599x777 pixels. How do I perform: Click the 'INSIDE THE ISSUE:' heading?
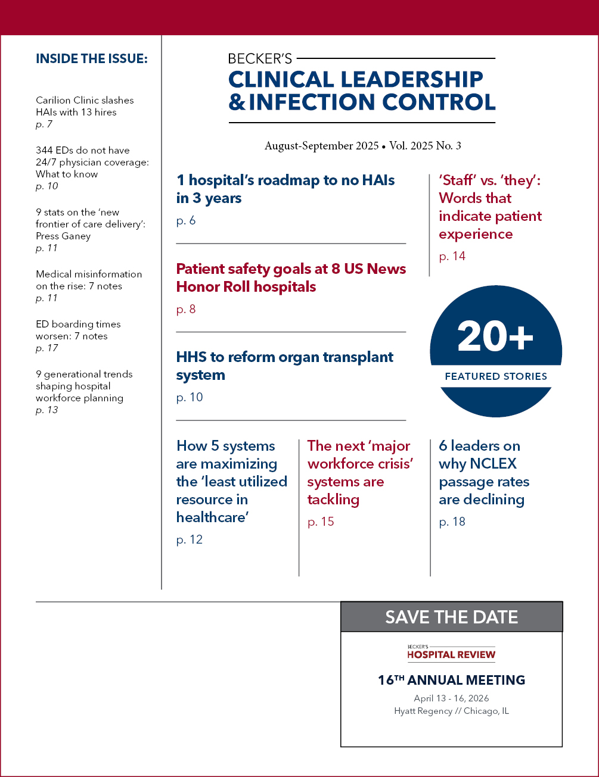pyautogui.click(x=92, y=58)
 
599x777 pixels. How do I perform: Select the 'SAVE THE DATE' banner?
pyautogui.click(x=451, y=617)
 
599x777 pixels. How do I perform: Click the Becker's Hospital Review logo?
pyautogui.click(x=451, y=653)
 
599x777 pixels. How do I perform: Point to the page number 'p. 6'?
pyautogui.click(x=186, y=221)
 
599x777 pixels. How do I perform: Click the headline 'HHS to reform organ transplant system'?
pyautogui.click(x=285, y=366)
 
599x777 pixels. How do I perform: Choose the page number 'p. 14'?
pyautogui.click(x=452, y=257)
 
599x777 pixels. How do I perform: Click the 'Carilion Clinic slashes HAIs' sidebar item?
pyautogui.click(x=85, y=106)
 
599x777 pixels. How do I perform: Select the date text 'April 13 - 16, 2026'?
pyautogui.click(x=451, y=698)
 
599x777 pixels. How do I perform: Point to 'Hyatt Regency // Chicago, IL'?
pyautogui.click(x=451, y=711)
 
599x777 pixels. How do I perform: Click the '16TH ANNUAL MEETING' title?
pyautogui.click(x=451, y=680)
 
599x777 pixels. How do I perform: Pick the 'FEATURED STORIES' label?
pyautogui.click(x=496, y=376)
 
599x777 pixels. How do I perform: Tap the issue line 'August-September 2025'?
pyautogui.click(x=321, y=146)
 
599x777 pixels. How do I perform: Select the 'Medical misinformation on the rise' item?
pyautogui.click(x=89, y=280)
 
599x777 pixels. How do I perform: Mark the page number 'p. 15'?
pyautogui.click(x=321, y=522)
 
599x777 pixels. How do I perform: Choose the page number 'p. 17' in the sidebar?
pyautogui.click(x=46, y=348)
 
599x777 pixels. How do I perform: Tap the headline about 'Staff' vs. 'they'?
pyautogui.click(x=490, y=207)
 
